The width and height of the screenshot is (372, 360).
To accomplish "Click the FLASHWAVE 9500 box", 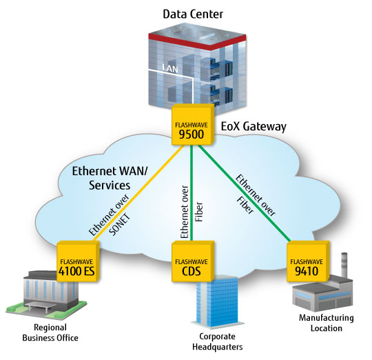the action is click(193, 124).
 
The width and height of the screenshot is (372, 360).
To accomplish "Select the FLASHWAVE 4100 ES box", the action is click(78, 261).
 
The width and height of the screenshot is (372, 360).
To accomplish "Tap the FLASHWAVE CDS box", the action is click(193, 261).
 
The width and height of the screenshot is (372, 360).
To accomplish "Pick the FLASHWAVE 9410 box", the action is click(308, 261).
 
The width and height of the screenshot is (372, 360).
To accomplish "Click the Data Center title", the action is click(193, 14).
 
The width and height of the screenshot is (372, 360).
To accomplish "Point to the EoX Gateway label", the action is click(254, 126).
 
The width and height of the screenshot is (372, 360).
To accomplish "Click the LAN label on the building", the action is click(170, 68).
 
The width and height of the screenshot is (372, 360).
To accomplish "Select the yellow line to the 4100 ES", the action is click(139, 193).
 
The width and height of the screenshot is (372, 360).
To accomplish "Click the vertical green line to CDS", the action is click(192, 193).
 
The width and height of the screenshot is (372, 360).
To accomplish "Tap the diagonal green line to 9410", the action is click(245, 193).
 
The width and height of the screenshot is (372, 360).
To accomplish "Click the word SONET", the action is click(120, 225).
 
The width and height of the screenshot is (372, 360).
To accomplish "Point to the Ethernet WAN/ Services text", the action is click(110, 178).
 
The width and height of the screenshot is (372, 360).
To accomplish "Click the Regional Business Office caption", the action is click(50, 332).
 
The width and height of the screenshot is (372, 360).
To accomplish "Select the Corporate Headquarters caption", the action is click(217, 341).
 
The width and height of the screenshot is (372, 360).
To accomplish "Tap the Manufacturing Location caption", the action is click(327, 323).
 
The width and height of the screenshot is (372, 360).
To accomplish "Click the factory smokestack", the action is click(344, 265).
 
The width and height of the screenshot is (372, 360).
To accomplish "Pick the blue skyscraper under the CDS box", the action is click(217, 302).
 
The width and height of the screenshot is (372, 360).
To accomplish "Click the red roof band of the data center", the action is click(197, 42).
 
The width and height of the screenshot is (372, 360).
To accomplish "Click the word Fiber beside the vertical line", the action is click(199, 212).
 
